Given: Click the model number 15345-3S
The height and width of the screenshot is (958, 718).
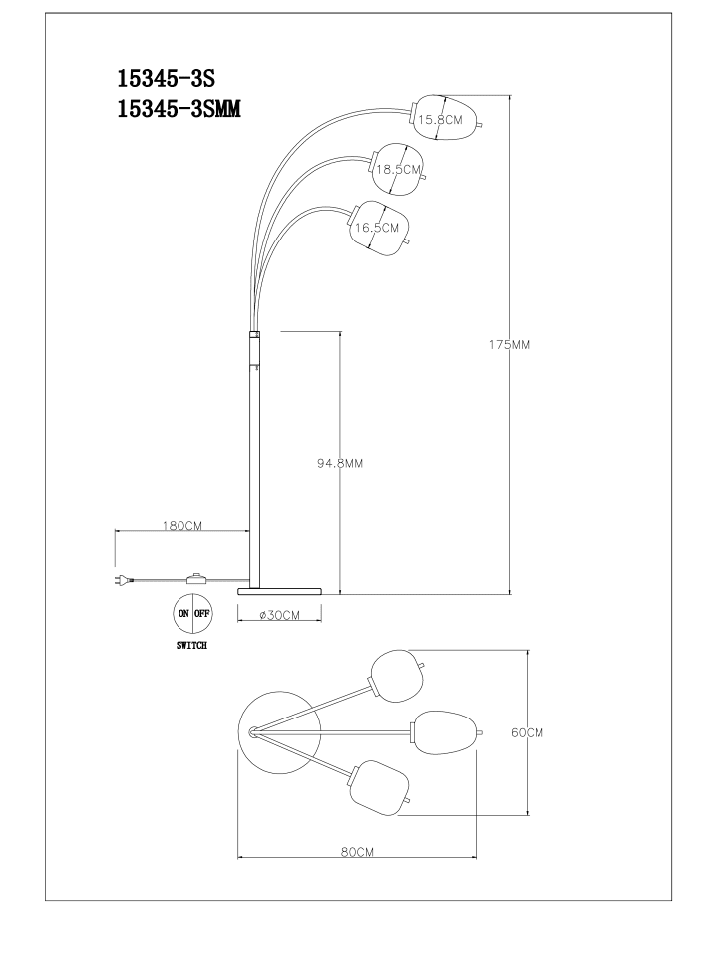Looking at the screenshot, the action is tap(167, 78).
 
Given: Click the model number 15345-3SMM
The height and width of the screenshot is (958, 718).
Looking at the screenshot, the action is tap(179, 109).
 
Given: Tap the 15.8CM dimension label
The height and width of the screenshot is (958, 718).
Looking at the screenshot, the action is tap(440, 119).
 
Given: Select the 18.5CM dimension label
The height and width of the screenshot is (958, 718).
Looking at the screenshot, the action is tap(398, 170).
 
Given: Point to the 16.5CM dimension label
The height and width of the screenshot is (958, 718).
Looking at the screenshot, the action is tap(377, 228).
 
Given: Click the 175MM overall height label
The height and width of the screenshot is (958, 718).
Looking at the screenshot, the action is tap(509, 344).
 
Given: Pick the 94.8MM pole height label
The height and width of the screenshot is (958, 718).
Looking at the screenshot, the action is tap(339, 464).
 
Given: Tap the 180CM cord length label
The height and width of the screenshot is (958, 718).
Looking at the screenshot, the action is tap(181, 526).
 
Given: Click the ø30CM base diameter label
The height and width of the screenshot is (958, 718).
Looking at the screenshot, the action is tap(279, 616).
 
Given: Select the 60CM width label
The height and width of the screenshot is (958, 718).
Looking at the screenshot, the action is tap(527, 732).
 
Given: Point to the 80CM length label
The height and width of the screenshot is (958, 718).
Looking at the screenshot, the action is tap(357, 852).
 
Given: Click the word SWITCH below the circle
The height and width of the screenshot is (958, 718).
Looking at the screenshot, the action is tap(191, 646).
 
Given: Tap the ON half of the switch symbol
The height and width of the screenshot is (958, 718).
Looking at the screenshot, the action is tap(183, 613).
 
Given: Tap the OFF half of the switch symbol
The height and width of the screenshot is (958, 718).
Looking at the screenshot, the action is tap(202, 613).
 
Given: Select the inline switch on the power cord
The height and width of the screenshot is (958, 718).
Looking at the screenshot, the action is tap(196, 578).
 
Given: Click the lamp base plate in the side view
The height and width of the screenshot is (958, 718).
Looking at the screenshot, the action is tap(279, 590).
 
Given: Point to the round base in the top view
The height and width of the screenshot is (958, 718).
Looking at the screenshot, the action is tap(279, 732).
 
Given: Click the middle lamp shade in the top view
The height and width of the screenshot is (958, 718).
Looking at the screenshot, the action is tap(446, 732).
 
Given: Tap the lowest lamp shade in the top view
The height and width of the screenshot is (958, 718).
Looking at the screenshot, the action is tap(380, 788).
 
